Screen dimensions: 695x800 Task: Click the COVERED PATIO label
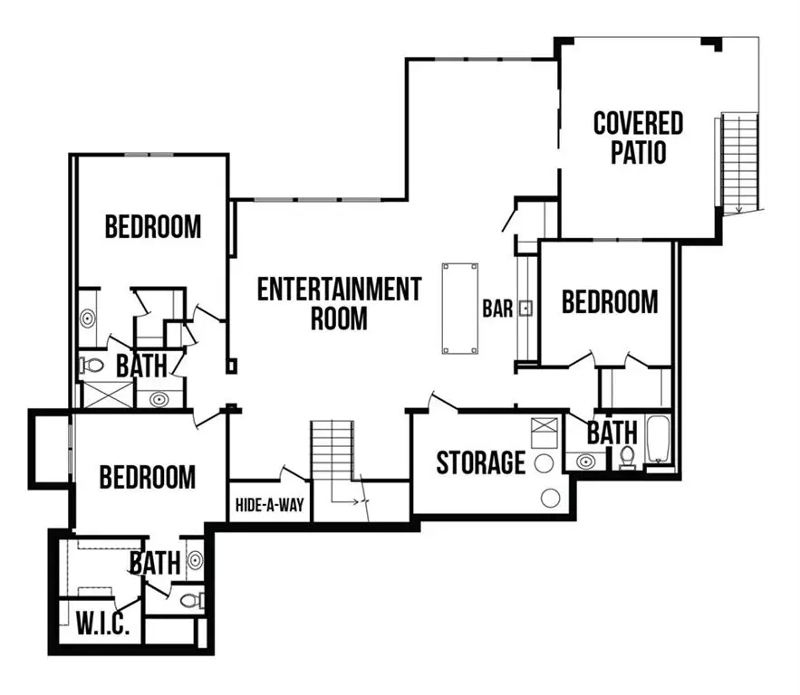(x=638, y=138)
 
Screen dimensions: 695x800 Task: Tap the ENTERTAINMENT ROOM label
(x=339, y=303)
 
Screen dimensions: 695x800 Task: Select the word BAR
(x=497, y=309)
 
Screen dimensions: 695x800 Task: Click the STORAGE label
(x=480, y=462)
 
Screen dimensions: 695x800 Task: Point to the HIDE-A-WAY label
(x=269, y=505)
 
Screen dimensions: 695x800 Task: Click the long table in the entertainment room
(x=458, y=308)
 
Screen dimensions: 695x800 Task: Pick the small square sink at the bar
(x=525, y=309)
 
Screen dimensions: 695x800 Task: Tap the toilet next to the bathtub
(x=626, y=458)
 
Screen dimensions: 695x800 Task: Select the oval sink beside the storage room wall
(x=586, y=462)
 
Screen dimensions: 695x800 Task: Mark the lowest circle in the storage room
(x=549, y=497)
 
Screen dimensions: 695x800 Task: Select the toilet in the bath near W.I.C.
(x=189, y=600)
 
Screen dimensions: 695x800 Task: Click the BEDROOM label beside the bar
(x=610, y=301)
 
